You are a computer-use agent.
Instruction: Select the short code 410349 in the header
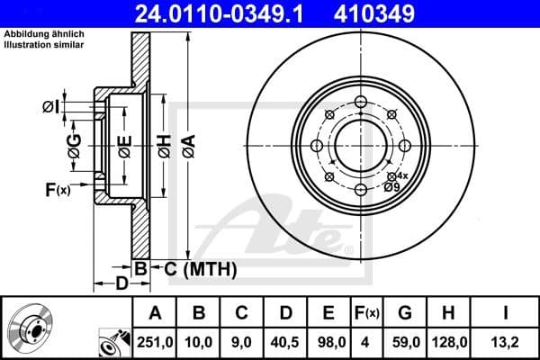coord(400,13)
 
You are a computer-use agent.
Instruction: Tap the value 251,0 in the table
coord(155,342)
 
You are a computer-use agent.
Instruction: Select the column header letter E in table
coord(329,313)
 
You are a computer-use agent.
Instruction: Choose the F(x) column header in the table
coord(367,313)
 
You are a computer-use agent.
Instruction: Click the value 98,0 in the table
coord(329,342)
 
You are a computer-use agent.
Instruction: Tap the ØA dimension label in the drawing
coord(187,143)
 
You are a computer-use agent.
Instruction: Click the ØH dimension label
coord(164,143)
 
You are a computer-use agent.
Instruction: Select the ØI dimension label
coord(51,108)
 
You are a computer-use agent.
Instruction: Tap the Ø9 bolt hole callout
coord(391,186)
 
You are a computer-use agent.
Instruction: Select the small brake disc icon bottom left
coord(31,329)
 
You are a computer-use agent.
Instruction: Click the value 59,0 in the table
coord(405,342)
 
